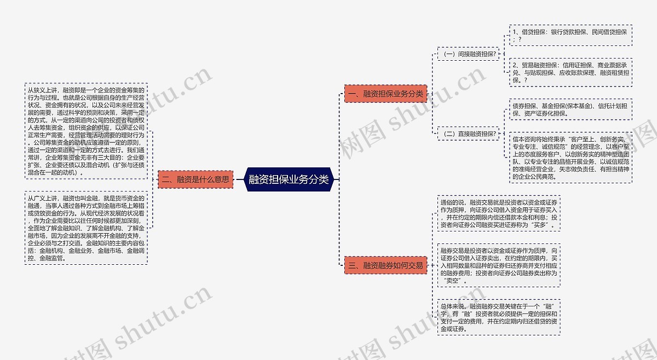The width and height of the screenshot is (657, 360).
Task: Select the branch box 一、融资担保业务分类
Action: (385, 94)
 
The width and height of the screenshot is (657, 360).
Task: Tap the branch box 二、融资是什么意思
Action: (195, 179)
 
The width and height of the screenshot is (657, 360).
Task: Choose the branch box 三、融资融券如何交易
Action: (385, 265)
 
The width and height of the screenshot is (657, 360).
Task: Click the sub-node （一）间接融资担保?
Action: (469, 54)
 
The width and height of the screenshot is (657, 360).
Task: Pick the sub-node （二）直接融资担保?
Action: (469, 133)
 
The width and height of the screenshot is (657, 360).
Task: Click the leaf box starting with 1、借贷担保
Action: (570, 36)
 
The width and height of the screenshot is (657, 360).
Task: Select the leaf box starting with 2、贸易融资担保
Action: (570, 72)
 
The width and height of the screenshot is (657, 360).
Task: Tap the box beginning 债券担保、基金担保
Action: (570, 109)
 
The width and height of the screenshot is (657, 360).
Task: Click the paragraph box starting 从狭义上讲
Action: (87, 131)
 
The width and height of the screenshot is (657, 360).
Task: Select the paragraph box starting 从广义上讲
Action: (87, 228)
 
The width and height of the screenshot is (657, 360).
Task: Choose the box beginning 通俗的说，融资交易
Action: (498, 213)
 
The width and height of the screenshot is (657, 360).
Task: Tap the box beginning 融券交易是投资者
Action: (498, 265)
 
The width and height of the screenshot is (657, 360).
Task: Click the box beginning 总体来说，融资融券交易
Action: (498, 317)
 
